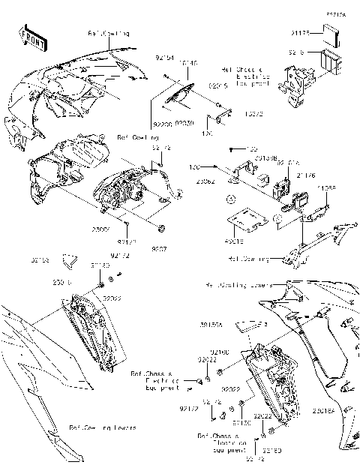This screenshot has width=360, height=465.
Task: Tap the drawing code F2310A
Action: tap(335, 14)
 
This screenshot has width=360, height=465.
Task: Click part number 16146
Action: tap(188, 64)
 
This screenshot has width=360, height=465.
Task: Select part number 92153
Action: tap(39, 260)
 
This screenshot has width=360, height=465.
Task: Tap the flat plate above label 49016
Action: tap(247, 220)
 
